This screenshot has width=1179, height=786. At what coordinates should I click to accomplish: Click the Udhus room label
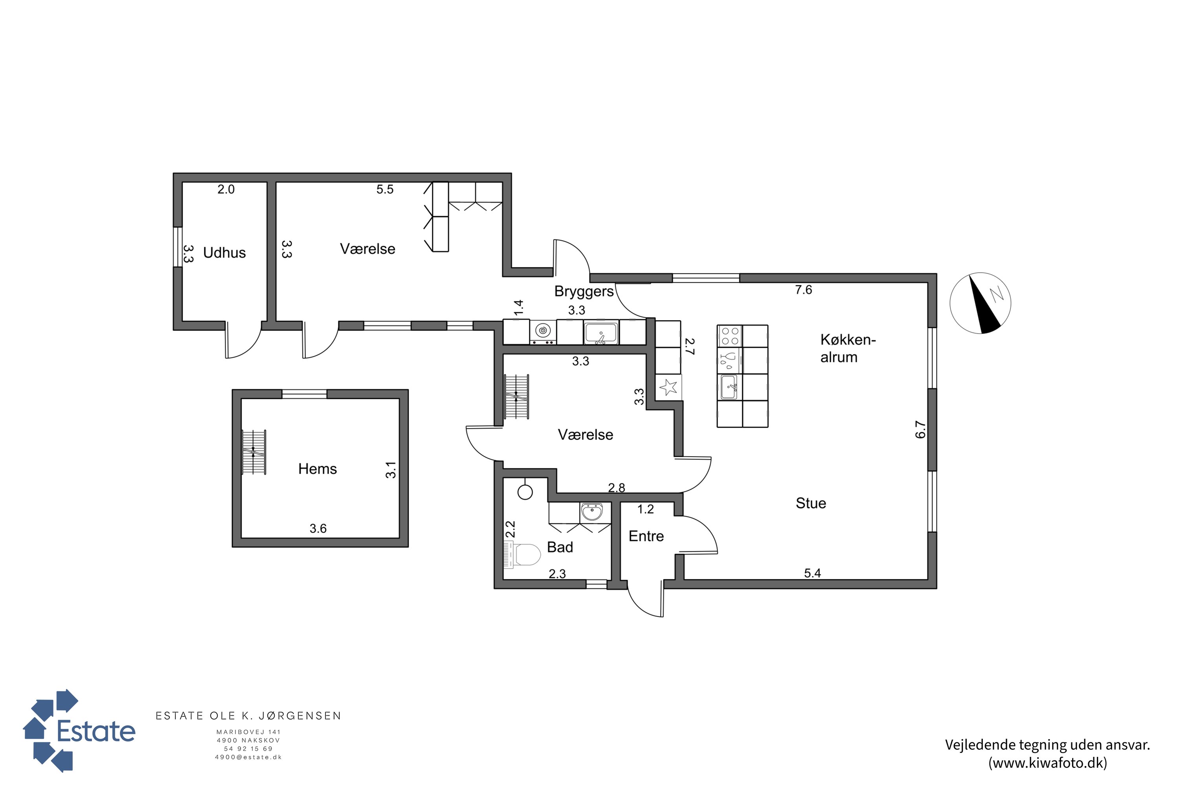(224, 253)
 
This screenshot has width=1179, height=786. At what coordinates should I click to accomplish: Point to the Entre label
(646, 536)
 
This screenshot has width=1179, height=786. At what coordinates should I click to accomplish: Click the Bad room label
(560, 547)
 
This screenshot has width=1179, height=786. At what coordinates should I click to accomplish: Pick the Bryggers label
(584, 292)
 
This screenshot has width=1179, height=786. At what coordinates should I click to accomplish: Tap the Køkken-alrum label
(848, 348)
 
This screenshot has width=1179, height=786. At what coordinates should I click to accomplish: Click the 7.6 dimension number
(804, 290)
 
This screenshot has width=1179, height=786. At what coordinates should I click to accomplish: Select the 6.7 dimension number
(920, 430)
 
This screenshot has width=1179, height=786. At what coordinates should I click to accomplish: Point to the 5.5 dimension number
(385, 189)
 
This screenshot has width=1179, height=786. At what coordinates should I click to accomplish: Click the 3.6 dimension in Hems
(318, 528)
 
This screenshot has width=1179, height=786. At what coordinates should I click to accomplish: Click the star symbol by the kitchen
(668, 387)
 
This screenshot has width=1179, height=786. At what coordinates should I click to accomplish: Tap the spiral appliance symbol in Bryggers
(543, 331)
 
